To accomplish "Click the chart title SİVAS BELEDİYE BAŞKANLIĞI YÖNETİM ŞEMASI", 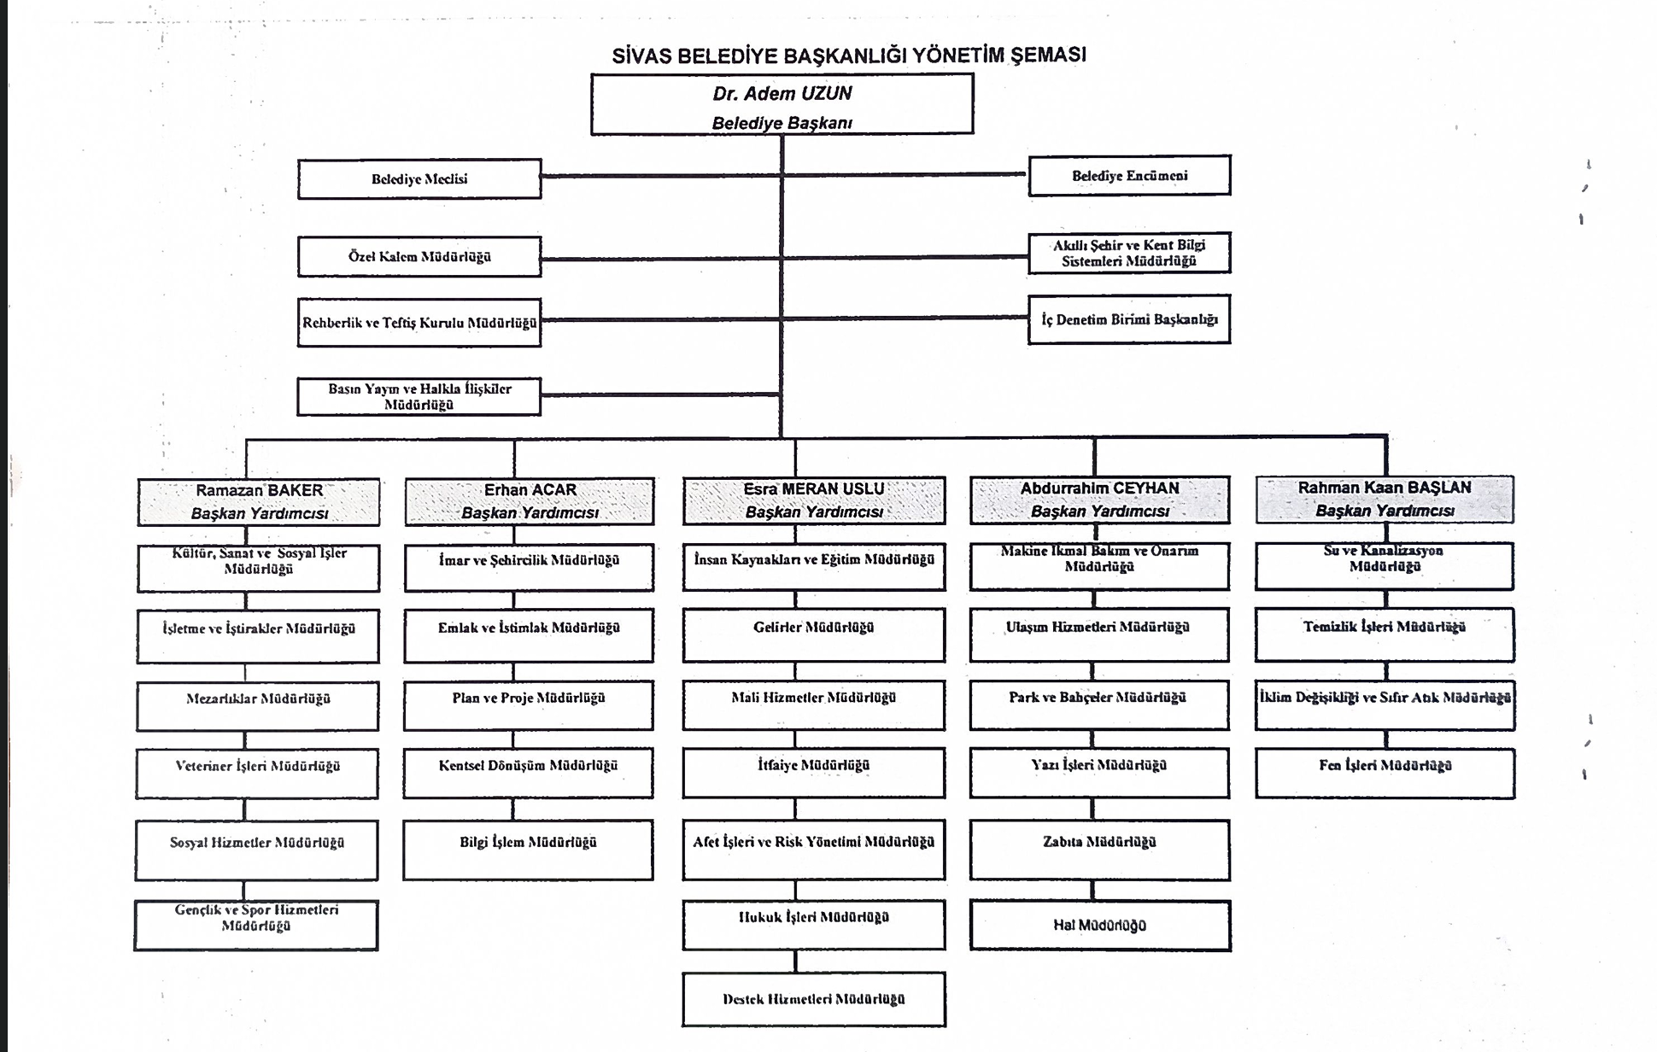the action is click(849, 56).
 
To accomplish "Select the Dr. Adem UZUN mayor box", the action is click(782, 104).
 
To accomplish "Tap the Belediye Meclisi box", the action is click(419, 179).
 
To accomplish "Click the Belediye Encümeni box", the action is click(1129, 176).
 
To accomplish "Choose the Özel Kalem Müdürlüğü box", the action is click(419, 257).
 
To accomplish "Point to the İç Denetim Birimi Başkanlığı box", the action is click(1129, 319).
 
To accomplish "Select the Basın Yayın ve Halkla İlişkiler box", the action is click(419, 397).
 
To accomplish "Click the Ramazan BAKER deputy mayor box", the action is click(259, 501).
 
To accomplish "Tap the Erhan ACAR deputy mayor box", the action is click(530, 501).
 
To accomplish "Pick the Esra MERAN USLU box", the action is click(814, 500).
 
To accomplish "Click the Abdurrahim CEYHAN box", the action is click(1099, 500).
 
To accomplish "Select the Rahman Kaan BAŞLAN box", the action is click(1385, 500).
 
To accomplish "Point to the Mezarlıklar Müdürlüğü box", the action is click(257, 706).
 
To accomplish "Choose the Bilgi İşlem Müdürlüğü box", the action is click(528, 850).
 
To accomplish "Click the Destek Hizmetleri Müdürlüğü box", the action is click(814, 999).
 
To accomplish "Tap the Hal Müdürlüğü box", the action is click(1100, 926).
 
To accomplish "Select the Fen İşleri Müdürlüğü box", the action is click(1385, 774).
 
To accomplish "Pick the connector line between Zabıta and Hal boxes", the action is click(1092, 891).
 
